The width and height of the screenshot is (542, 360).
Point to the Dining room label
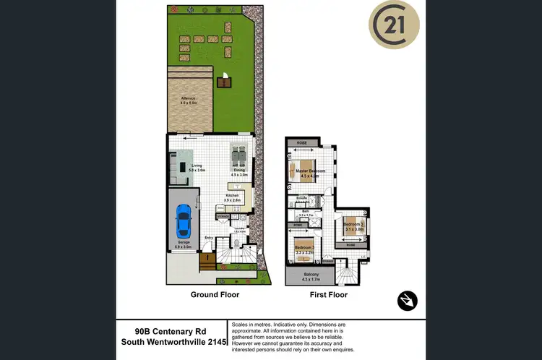click(x=238, y=171)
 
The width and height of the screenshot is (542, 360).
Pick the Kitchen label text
click(x=233, y=195)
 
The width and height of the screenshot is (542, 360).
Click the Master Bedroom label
click(x=311, y=171)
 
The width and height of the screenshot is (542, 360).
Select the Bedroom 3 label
click(x=353, y=225)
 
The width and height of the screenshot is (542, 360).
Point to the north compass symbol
click(x=408, y=300)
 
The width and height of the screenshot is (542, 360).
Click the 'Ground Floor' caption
click(x=215, y=295)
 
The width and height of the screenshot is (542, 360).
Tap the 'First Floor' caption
click(x=328, y=295)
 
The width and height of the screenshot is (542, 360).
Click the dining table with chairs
click(x=239, y=155)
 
